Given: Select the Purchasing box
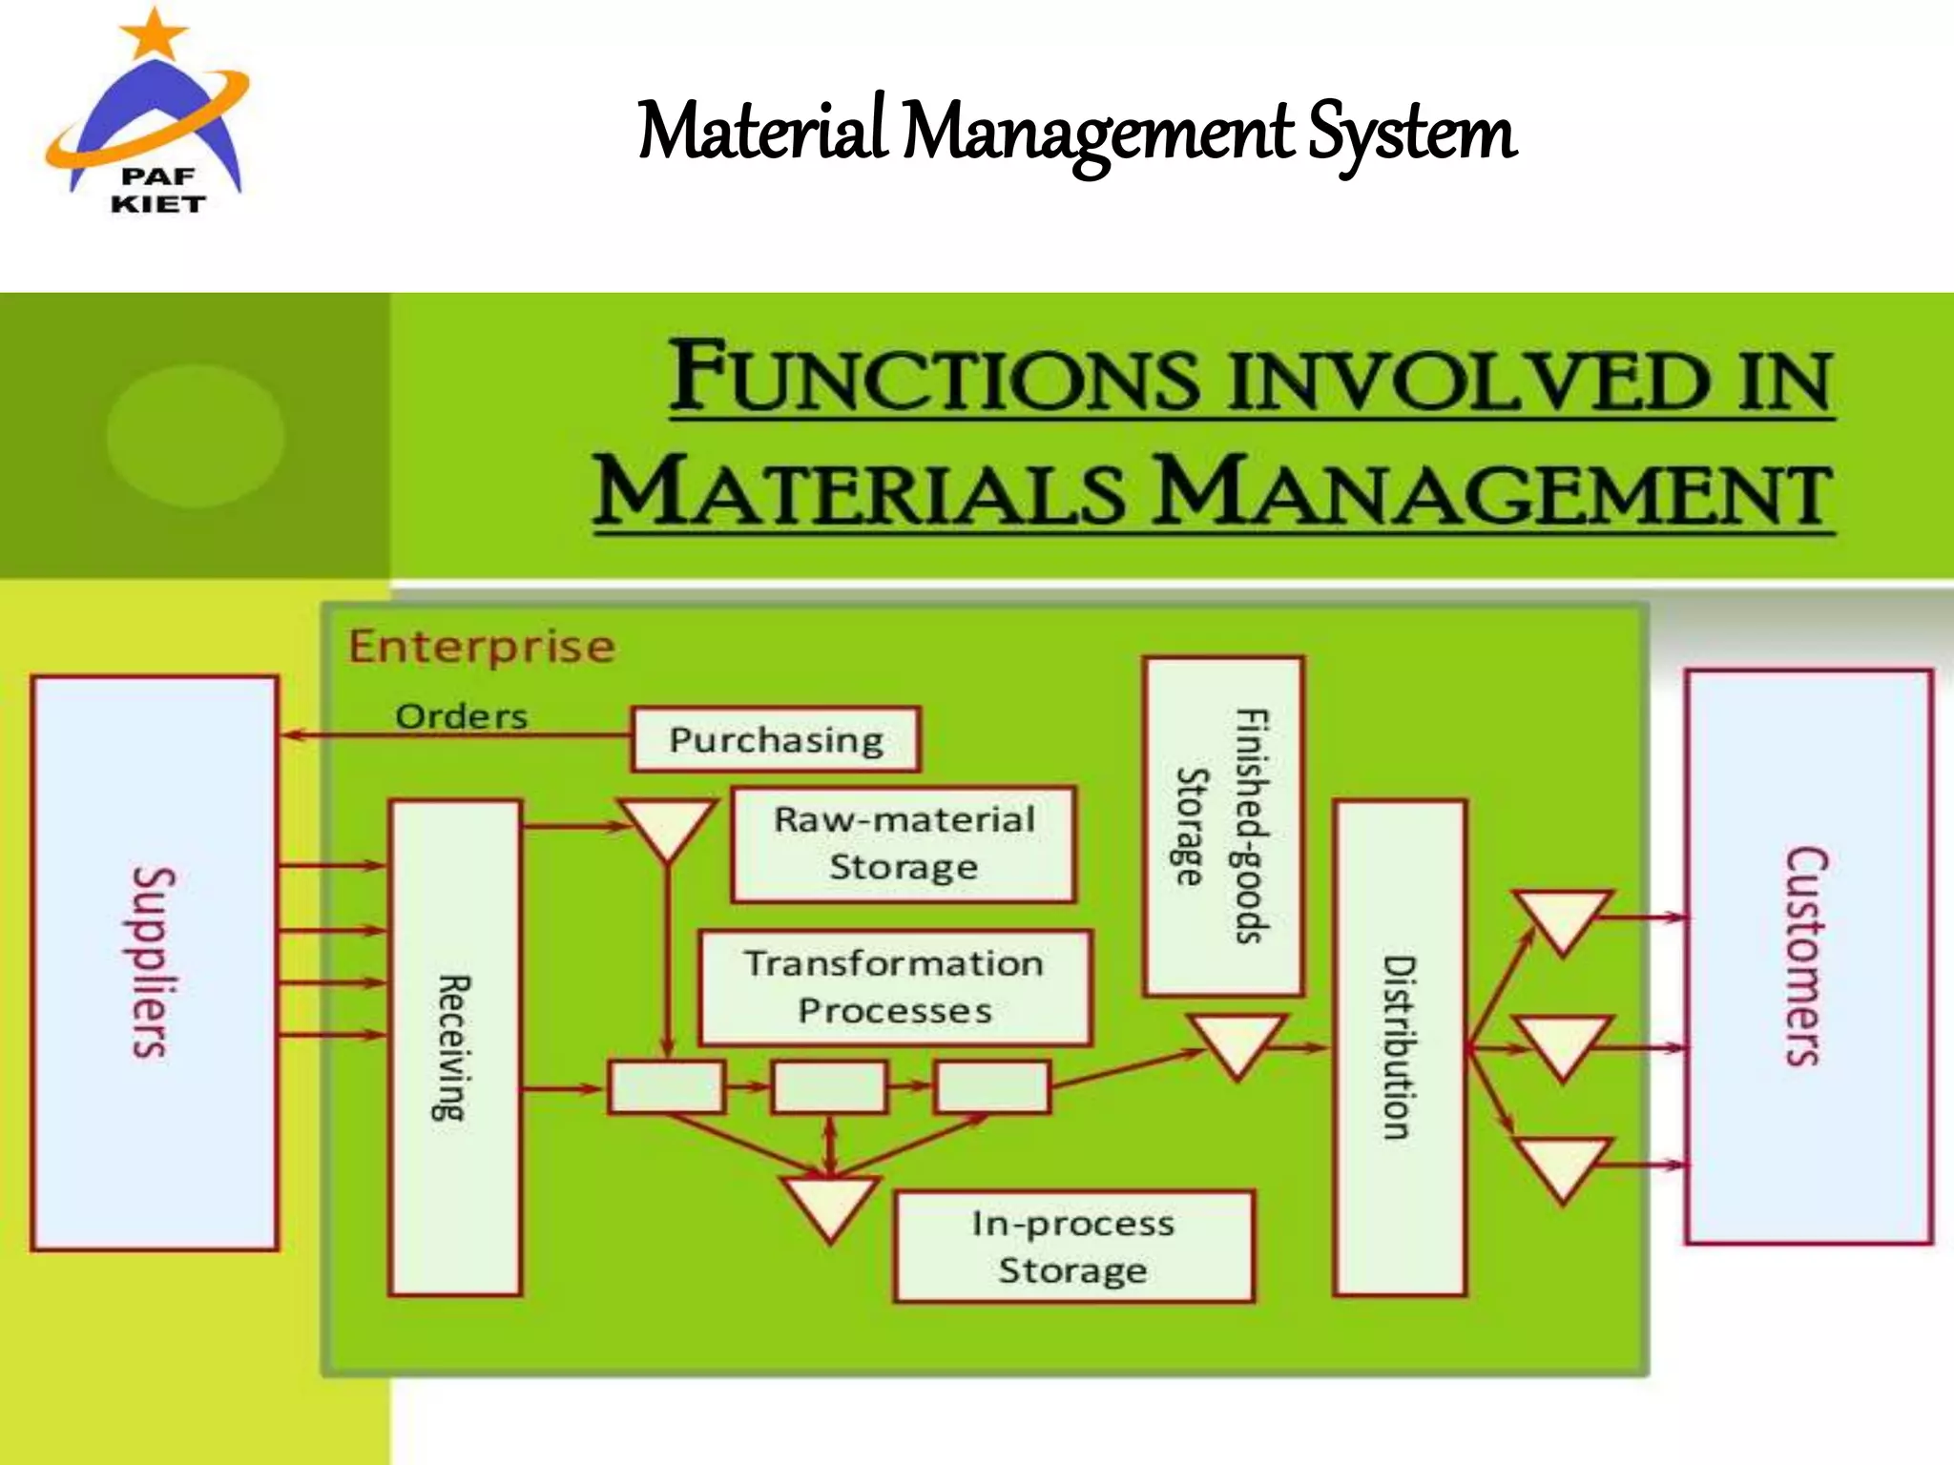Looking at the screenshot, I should [776, 739].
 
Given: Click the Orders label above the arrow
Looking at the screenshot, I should [462, 716].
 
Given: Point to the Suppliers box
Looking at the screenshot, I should [155, 963].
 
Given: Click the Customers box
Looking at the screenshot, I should [1808, 957].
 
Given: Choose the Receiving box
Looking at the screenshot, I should [455, 1047].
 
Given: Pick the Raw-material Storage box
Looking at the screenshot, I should [904, 844].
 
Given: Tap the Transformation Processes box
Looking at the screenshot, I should [894, 987].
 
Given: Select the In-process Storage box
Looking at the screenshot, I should [1073, 1247].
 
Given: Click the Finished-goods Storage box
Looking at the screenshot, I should [1223, 826].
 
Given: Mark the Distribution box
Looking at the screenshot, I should [1399, 1047].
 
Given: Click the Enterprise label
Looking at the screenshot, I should [482, 648].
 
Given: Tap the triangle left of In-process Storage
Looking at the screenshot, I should [829, 1204].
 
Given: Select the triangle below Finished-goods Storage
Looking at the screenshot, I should [1237, 1042].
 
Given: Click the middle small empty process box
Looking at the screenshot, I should [828, 1087].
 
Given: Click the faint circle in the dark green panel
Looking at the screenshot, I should [196, 435].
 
